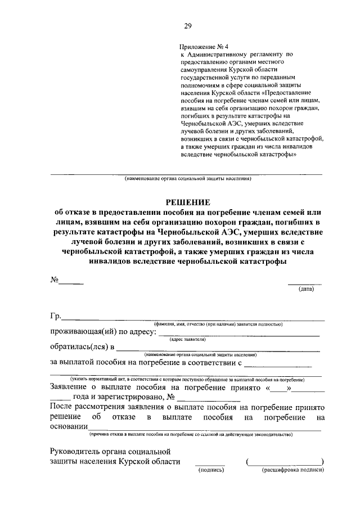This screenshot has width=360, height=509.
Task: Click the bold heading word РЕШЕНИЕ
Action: [x=188, y=201]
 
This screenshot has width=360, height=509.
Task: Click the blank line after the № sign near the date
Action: [x=72, y=283]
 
